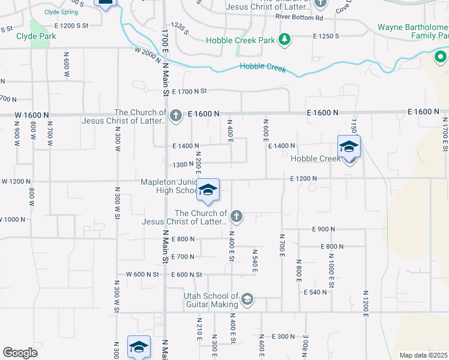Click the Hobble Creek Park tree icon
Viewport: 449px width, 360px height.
(284, 40)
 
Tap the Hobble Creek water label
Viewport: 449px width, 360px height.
(263, 68)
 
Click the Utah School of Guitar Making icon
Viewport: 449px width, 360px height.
(247, 299)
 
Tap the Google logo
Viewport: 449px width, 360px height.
(20, 352)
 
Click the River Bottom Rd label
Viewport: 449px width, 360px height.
(299, 18)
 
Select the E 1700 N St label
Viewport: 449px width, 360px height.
(189, 91)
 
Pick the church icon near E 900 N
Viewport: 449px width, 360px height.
(237, 216)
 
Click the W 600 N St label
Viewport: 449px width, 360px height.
(142, 274)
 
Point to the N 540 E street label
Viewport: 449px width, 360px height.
(255, 262)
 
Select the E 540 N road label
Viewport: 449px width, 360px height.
(315, 292)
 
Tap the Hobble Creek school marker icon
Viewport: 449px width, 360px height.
(349, 146)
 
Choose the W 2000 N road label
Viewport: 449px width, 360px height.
(149, 54)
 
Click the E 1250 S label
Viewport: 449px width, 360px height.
(326, 36)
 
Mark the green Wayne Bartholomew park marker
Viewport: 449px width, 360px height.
(440, 58)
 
